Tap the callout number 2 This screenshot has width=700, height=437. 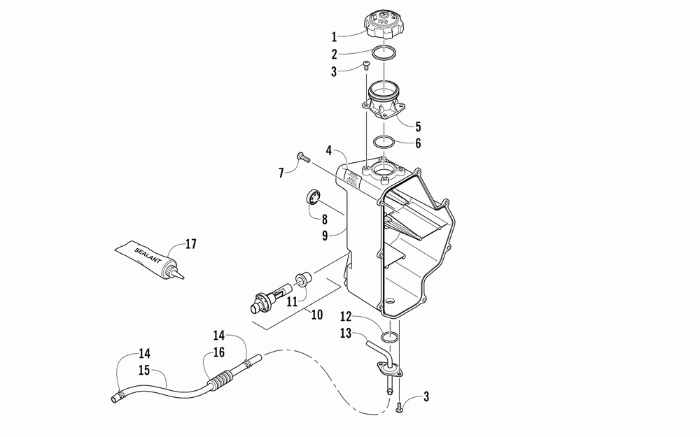click(335, 53)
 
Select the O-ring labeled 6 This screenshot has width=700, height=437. click(384, 143)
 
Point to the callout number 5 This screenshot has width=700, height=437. click(418, 127)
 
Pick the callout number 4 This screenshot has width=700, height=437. click(328, 150)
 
